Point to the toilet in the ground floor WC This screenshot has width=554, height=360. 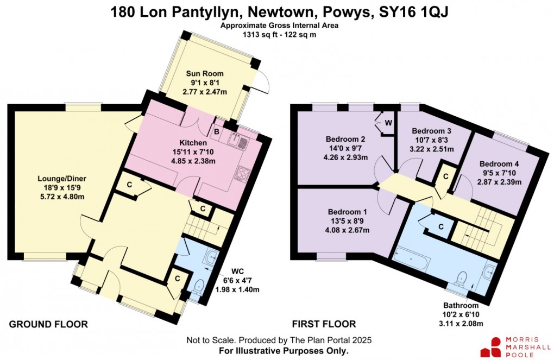coord(198,285)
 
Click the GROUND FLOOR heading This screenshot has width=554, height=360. coord(48,324)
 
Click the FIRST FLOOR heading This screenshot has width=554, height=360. coord(324,324)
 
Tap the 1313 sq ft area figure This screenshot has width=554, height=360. coord(260,34)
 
